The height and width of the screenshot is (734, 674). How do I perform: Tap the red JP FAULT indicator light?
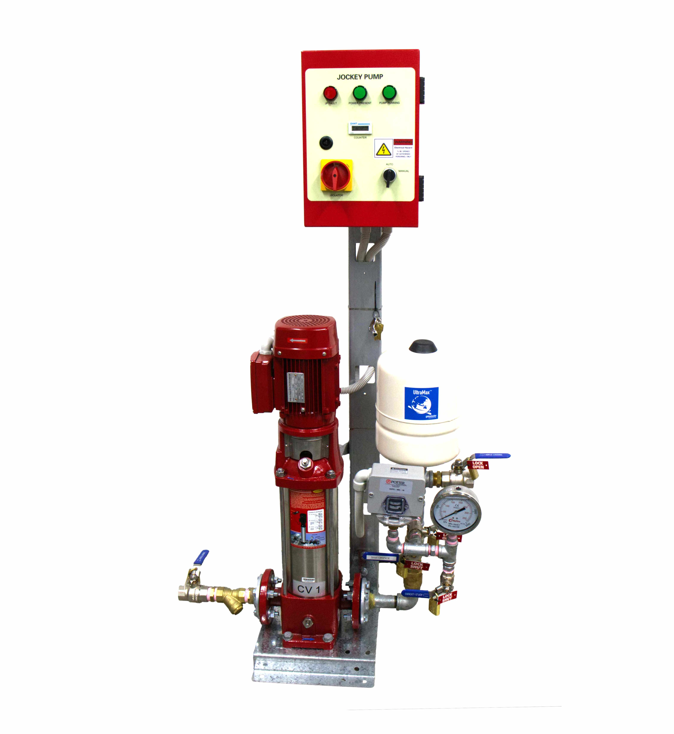point(330,93)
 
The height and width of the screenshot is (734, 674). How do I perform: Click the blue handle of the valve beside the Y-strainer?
point(201,557)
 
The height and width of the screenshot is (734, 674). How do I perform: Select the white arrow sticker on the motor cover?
point(298,341)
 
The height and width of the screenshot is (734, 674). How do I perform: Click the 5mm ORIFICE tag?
point(380,558)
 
